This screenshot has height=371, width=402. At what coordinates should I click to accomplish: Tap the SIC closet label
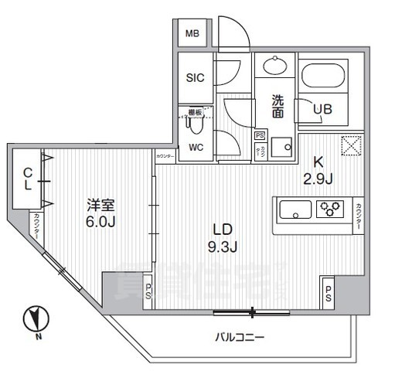tap(195, 78)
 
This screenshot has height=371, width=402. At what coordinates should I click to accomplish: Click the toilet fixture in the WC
tap(197, 121)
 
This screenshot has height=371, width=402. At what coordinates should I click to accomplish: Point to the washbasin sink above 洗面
tap(274, 67)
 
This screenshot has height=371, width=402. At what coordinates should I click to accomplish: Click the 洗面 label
tap(276, 106)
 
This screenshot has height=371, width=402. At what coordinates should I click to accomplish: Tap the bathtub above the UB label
tap(328, 77)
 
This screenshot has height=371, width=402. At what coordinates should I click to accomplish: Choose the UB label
tap(323, 110)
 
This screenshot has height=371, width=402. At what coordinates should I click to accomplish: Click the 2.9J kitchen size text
tap(318, 179)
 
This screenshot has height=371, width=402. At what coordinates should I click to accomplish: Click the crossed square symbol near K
tap(351, 145)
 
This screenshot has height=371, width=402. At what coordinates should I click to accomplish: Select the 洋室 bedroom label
tap(101, 205)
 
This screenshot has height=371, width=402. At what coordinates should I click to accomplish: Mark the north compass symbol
tap(35, 319)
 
